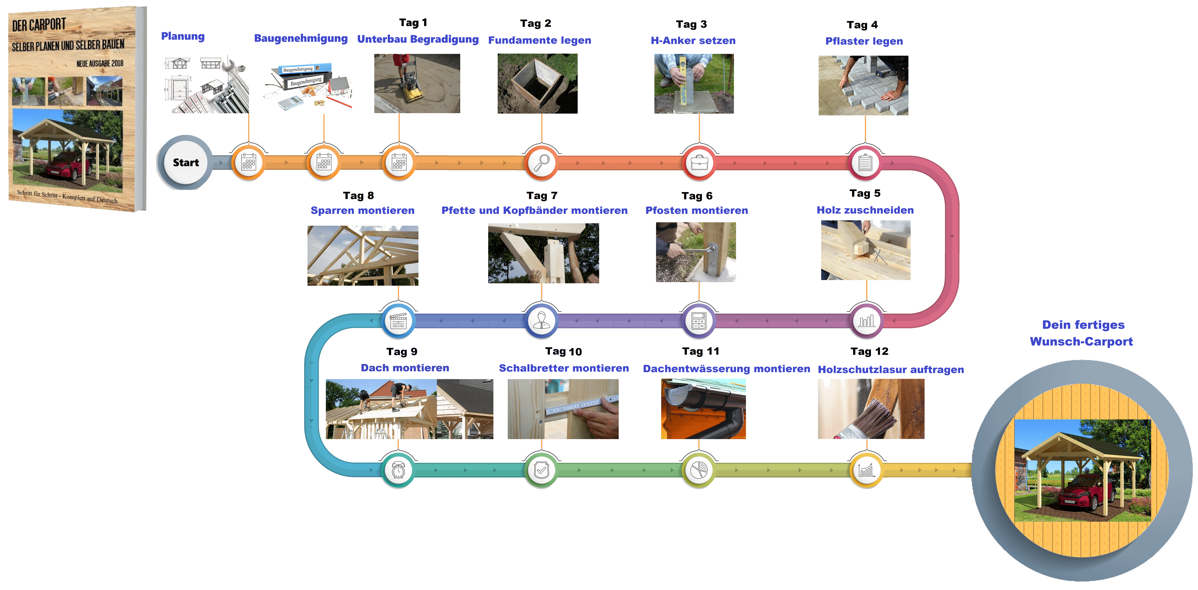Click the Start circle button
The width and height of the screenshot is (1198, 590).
(x=186, y=162)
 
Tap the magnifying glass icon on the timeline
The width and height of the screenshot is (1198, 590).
(x=541, y=163)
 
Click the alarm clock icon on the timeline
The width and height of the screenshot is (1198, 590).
(x=398, y=470)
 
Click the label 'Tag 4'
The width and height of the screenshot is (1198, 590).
(x=862, y=25)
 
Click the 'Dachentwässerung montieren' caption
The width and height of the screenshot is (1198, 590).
(x=726, y=369)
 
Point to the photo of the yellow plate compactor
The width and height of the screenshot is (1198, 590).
(x=417, y=83)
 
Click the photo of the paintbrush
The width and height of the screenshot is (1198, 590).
(x=871, y=409)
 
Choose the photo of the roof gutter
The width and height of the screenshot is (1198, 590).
(x=703, y=409)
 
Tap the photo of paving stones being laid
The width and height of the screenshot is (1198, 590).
(x=863, y=86)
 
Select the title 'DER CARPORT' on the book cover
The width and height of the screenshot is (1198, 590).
(x=39, y=25)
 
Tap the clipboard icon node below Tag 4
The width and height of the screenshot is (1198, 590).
(x=865, y=163)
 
